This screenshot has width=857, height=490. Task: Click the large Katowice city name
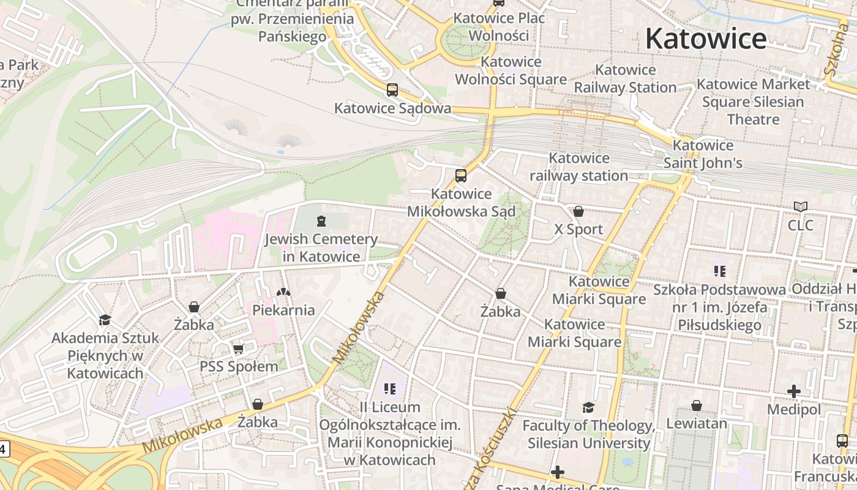(x=706, y=39)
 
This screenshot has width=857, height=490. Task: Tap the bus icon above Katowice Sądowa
(x=392, y=90)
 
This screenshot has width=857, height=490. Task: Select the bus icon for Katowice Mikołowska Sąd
(x=461, y=176)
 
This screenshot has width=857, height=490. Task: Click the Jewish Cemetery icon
(x=321, y=221)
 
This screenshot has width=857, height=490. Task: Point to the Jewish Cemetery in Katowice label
(x=321, y=247)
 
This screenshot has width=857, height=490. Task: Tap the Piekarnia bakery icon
(x=283, y=292)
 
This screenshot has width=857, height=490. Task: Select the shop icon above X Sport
(x=578, y=211)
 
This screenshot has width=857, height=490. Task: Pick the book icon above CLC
(x=800, y=207)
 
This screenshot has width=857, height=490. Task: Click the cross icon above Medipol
(x=794, y=391)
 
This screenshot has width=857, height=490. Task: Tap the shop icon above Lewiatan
(x=697, y=405)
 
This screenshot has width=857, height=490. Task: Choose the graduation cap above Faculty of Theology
(x=588, y=407)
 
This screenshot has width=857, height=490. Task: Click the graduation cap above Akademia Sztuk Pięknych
(x=105, y=320)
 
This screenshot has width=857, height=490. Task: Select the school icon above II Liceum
(x=390, y=388)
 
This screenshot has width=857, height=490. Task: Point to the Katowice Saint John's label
(x=703, y=154)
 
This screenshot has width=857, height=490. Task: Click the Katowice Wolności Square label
(x=511, y=70)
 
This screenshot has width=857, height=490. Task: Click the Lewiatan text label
(x=697, y=423)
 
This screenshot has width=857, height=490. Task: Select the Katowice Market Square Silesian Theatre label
(x=753, y=101)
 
